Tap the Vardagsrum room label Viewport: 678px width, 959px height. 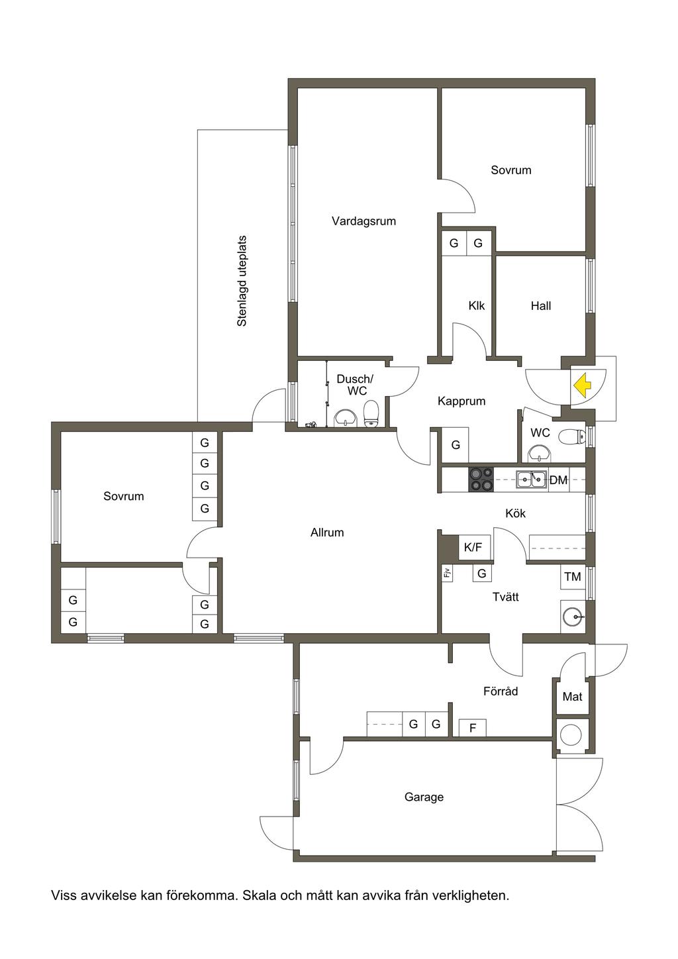(363, 221)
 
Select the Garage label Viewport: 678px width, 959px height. (424, 797)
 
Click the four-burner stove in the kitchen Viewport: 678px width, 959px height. (481, 480)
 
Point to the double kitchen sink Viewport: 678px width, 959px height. (531, 479)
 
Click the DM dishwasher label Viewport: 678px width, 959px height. (558, 480)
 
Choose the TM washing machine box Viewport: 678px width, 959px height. (573, 577)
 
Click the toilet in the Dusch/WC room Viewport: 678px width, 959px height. (371, 413)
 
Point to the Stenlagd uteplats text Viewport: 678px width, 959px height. (242, 281)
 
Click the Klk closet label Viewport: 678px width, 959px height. (477, 306)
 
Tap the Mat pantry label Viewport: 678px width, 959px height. (572, 697)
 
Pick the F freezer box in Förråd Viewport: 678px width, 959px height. (473, 728)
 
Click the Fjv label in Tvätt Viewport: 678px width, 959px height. (447, 573)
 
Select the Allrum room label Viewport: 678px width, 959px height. (327, 532)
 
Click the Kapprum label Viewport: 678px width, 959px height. (461, 401)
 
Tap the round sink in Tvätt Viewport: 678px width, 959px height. (573, 617)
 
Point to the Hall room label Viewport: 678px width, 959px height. (540, 306)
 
